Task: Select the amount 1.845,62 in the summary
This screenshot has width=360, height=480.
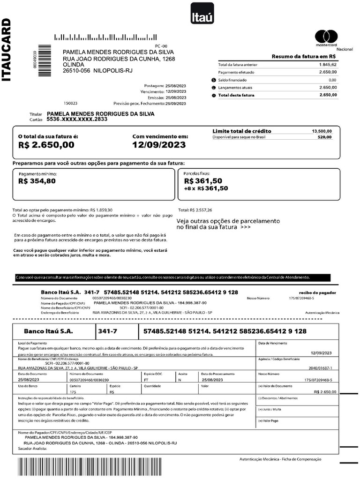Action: (x=328, y=64)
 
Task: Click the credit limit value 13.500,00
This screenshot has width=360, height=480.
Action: (x=322, y=131)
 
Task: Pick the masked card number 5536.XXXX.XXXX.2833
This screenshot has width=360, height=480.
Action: (x=77, y=120)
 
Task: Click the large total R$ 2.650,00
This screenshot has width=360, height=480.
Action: (x=46, y=145)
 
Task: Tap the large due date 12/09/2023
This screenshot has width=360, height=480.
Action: (x=159, y=145)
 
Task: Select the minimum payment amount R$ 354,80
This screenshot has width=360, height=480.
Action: (x=37, y=181)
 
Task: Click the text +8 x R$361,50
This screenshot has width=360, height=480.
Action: (x=206, y=188)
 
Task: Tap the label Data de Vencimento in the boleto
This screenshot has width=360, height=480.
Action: (x=272, y=343)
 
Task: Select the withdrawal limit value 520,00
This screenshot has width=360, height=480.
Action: (x=324, y=137)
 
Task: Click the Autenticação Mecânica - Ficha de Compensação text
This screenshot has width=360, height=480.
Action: (x=280, y=459)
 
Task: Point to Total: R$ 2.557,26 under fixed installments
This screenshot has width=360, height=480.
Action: (x=195, y=210)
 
